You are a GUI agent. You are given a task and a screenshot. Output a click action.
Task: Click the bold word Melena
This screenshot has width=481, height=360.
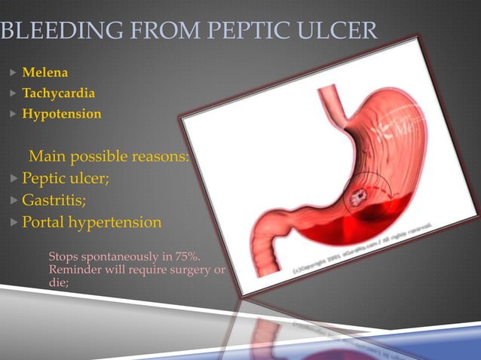pos(45,73)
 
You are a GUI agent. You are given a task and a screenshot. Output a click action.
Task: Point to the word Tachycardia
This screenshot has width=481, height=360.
pos(59,94)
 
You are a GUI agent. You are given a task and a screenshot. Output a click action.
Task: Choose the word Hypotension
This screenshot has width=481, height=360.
pos(62,114)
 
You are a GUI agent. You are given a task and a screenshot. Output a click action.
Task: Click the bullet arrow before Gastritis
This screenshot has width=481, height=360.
pos(13,201)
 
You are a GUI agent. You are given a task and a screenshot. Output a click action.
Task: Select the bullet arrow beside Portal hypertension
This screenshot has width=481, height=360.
pos(13,223)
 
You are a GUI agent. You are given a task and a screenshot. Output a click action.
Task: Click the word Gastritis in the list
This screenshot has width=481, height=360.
pos(54,200)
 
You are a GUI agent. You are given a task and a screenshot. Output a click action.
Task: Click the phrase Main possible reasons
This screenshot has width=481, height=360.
pos(108,157)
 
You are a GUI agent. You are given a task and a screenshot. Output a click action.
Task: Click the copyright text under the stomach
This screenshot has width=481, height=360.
pos(362,249)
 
